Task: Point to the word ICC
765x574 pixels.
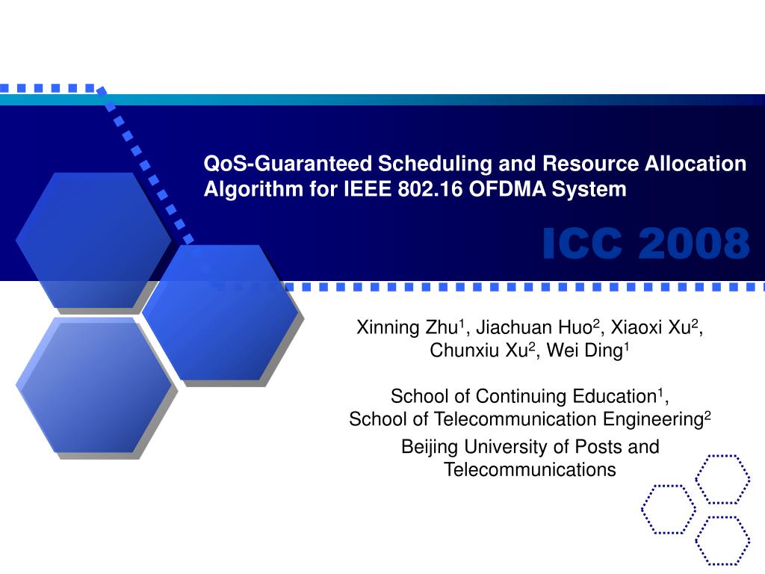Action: pyautogui.click(x=585, y=244)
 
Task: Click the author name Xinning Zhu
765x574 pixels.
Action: pyautogui.click(x=409, y=327)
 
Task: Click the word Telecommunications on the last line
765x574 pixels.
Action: pyautogui.click(x=530, y=469)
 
